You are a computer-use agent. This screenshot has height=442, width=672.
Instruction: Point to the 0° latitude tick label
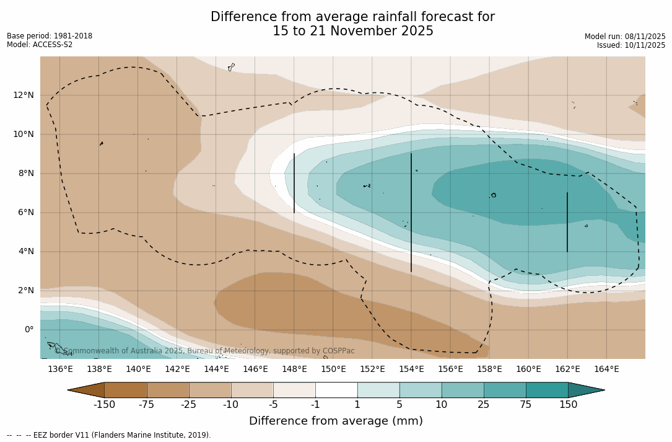tap(28, 329)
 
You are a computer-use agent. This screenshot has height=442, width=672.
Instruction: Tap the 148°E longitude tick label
tap(294, 369)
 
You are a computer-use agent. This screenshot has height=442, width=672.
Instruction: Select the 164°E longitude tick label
tap(606, 369)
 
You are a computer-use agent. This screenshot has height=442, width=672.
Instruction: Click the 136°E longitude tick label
tap(60, 369)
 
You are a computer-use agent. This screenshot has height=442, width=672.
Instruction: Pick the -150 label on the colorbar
tap(104, 405)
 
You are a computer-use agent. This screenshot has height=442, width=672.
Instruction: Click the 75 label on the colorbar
tap(526, 405)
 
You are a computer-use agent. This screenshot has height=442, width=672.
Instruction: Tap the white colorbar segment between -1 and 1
tap(336, 390)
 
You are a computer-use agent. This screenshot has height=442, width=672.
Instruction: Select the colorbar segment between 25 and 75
tap(505, 390)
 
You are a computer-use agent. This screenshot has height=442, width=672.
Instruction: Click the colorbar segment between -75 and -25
tap(168, 390)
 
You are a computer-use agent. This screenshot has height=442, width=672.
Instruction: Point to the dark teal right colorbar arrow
tap(585, 390)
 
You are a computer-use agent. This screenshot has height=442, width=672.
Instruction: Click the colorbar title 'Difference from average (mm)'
tap(336, 421)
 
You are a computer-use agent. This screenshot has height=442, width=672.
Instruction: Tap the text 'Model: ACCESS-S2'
tap(40, 45)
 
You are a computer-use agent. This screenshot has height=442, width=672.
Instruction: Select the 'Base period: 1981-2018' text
tap(50, 36)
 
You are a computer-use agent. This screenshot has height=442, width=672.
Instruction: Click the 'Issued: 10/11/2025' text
tap(631, 45)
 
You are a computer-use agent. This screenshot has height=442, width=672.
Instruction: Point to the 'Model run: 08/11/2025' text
tap(625, 37)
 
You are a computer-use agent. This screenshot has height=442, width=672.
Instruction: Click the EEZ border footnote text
tap(109, 435)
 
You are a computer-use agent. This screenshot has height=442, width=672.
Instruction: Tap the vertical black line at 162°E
tap(567, 222)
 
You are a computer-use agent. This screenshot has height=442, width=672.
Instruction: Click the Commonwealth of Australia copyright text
tap(204, 351)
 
